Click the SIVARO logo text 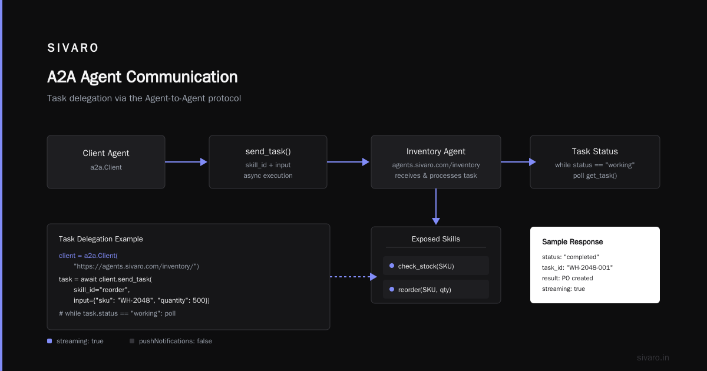72,48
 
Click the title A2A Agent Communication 143,77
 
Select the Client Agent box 106,162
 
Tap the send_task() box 268,162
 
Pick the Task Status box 595,162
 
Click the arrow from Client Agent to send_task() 186,162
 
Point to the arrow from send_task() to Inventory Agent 348,162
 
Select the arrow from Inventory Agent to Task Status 518,162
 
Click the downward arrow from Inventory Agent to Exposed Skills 436,207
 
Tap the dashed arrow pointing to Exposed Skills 353,277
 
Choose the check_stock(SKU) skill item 436,266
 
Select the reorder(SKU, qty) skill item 436,289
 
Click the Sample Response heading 572,242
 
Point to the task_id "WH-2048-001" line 577,267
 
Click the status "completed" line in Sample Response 570,257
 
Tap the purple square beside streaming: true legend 49,341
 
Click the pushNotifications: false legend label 176,341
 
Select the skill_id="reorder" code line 101,290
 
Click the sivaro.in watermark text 653,357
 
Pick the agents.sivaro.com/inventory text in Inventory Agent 436,165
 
